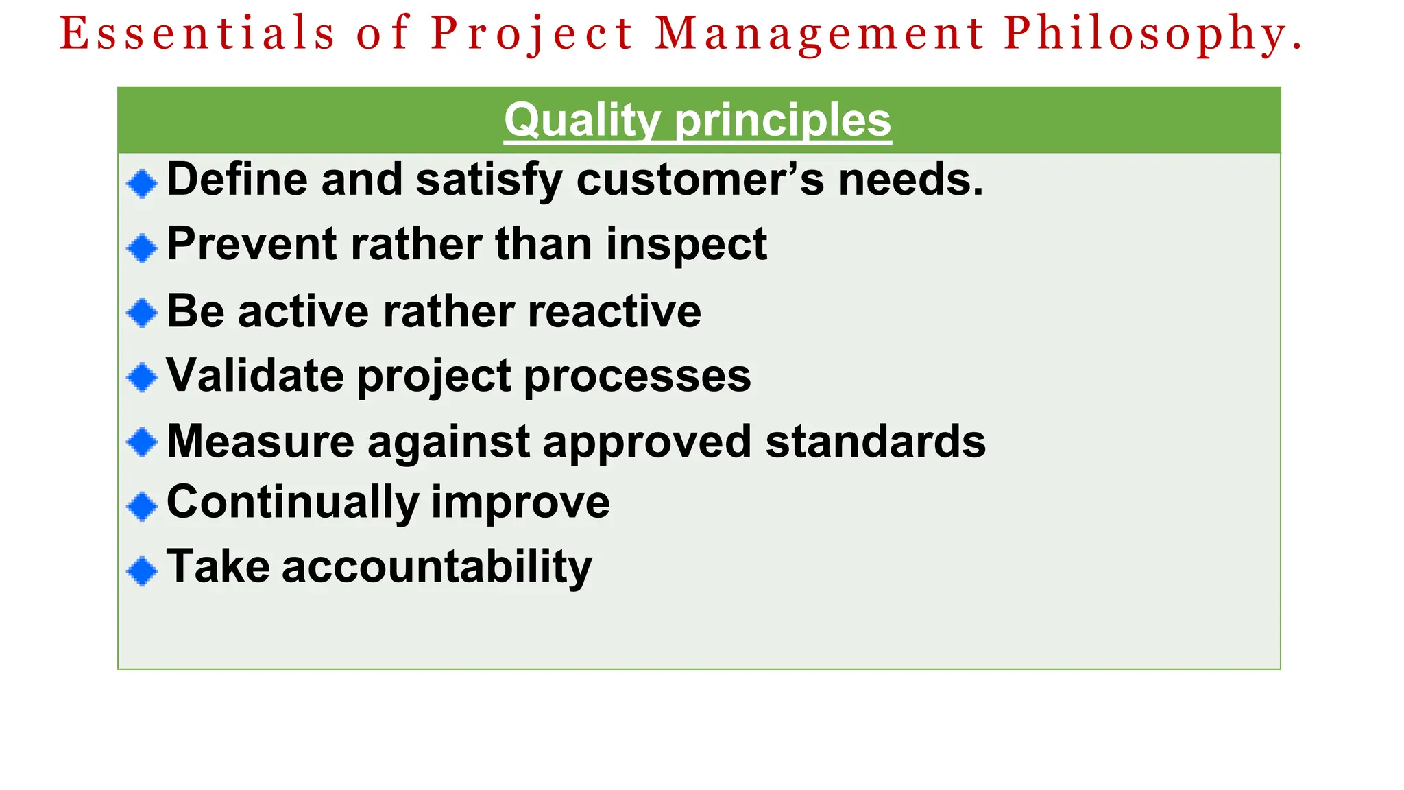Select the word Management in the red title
coord(820,34)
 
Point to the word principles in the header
coord(783,121)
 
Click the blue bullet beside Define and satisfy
coord(143,183)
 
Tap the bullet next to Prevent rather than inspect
coord(143,248)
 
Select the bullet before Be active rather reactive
coord(143,313)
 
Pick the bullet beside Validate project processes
coord(143,377)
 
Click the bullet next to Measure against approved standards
coord(143,442)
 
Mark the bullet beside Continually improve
coord(143,506)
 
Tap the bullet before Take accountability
coord(143,571)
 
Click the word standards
coord(875,441)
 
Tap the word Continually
coord(293,502)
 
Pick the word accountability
coord(437,568)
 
